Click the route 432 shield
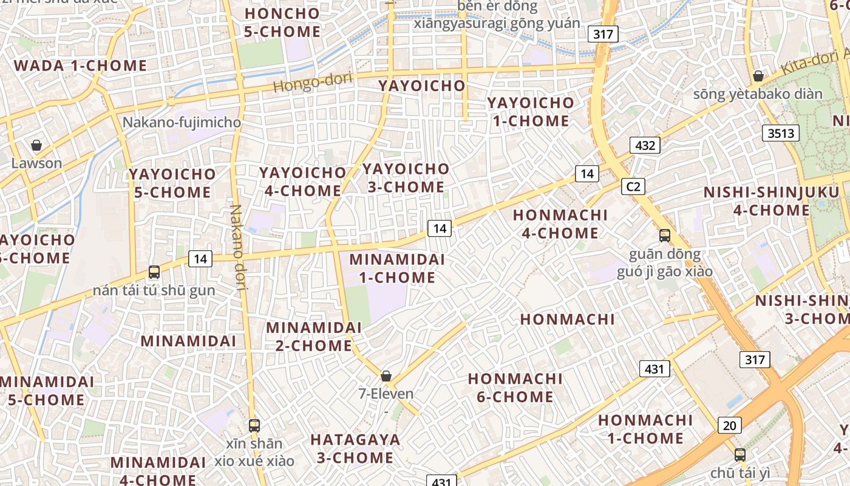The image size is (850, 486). (645, 145)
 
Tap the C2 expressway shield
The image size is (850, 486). (633, 186)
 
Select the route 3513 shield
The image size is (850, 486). (780, 133)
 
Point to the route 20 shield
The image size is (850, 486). (729, 425)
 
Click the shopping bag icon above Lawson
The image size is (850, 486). (36, 145)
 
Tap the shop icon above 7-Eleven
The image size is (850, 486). (386, 376)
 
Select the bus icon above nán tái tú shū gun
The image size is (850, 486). (154, 272)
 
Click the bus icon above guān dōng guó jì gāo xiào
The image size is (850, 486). (665, 236)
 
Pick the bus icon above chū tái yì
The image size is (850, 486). (739, 454)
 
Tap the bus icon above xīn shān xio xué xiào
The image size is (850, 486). (254, 425)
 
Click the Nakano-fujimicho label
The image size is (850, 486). (182, 122)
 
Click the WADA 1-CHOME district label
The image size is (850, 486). (80, 66)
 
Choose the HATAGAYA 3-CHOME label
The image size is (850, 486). (355, 448)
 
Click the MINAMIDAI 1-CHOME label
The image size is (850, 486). (397, 269)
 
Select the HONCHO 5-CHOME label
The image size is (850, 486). (282, 22)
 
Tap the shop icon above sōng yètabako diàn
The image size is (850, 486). (758, 76)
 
